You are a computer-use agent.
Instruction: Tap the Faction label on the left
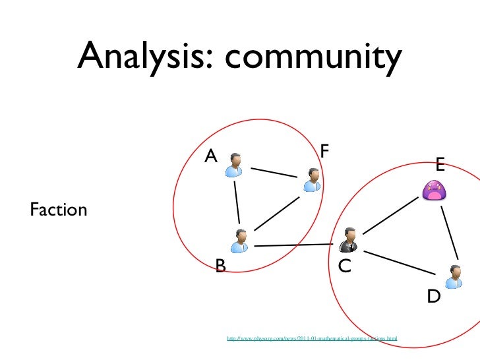point(59,210)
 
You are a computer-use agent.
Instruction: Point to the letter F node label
point(324,150)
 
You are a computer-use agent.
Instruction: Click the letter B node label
point(221,266)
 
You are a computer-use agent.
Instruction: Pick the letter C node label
point(344,266)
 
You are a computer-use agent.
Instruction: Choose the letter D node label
point(433,297)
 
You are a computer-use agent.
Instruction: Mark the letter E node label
point(439,164)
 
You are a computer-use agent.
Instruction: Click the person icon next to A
point(234,165)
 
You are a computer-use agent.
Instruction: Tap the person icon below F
point(313,179)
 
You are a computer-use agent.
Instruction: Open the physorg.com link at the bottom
point(312,339)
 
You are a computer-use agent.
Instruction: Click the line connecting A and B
point(238,203)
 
